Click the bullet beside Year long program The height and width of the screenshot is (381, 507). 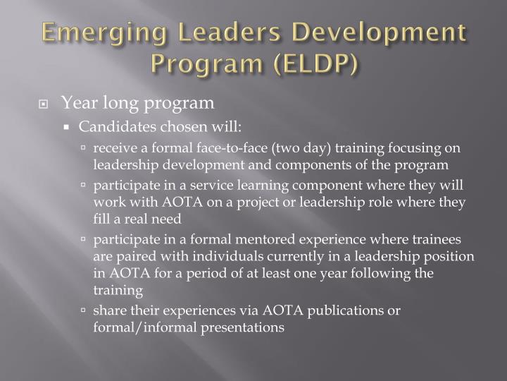click(44, 104)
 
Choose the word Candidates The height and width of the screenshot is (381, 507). click(111, 127)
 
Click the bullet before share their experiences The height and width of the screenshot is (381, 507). click(84, 311)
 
